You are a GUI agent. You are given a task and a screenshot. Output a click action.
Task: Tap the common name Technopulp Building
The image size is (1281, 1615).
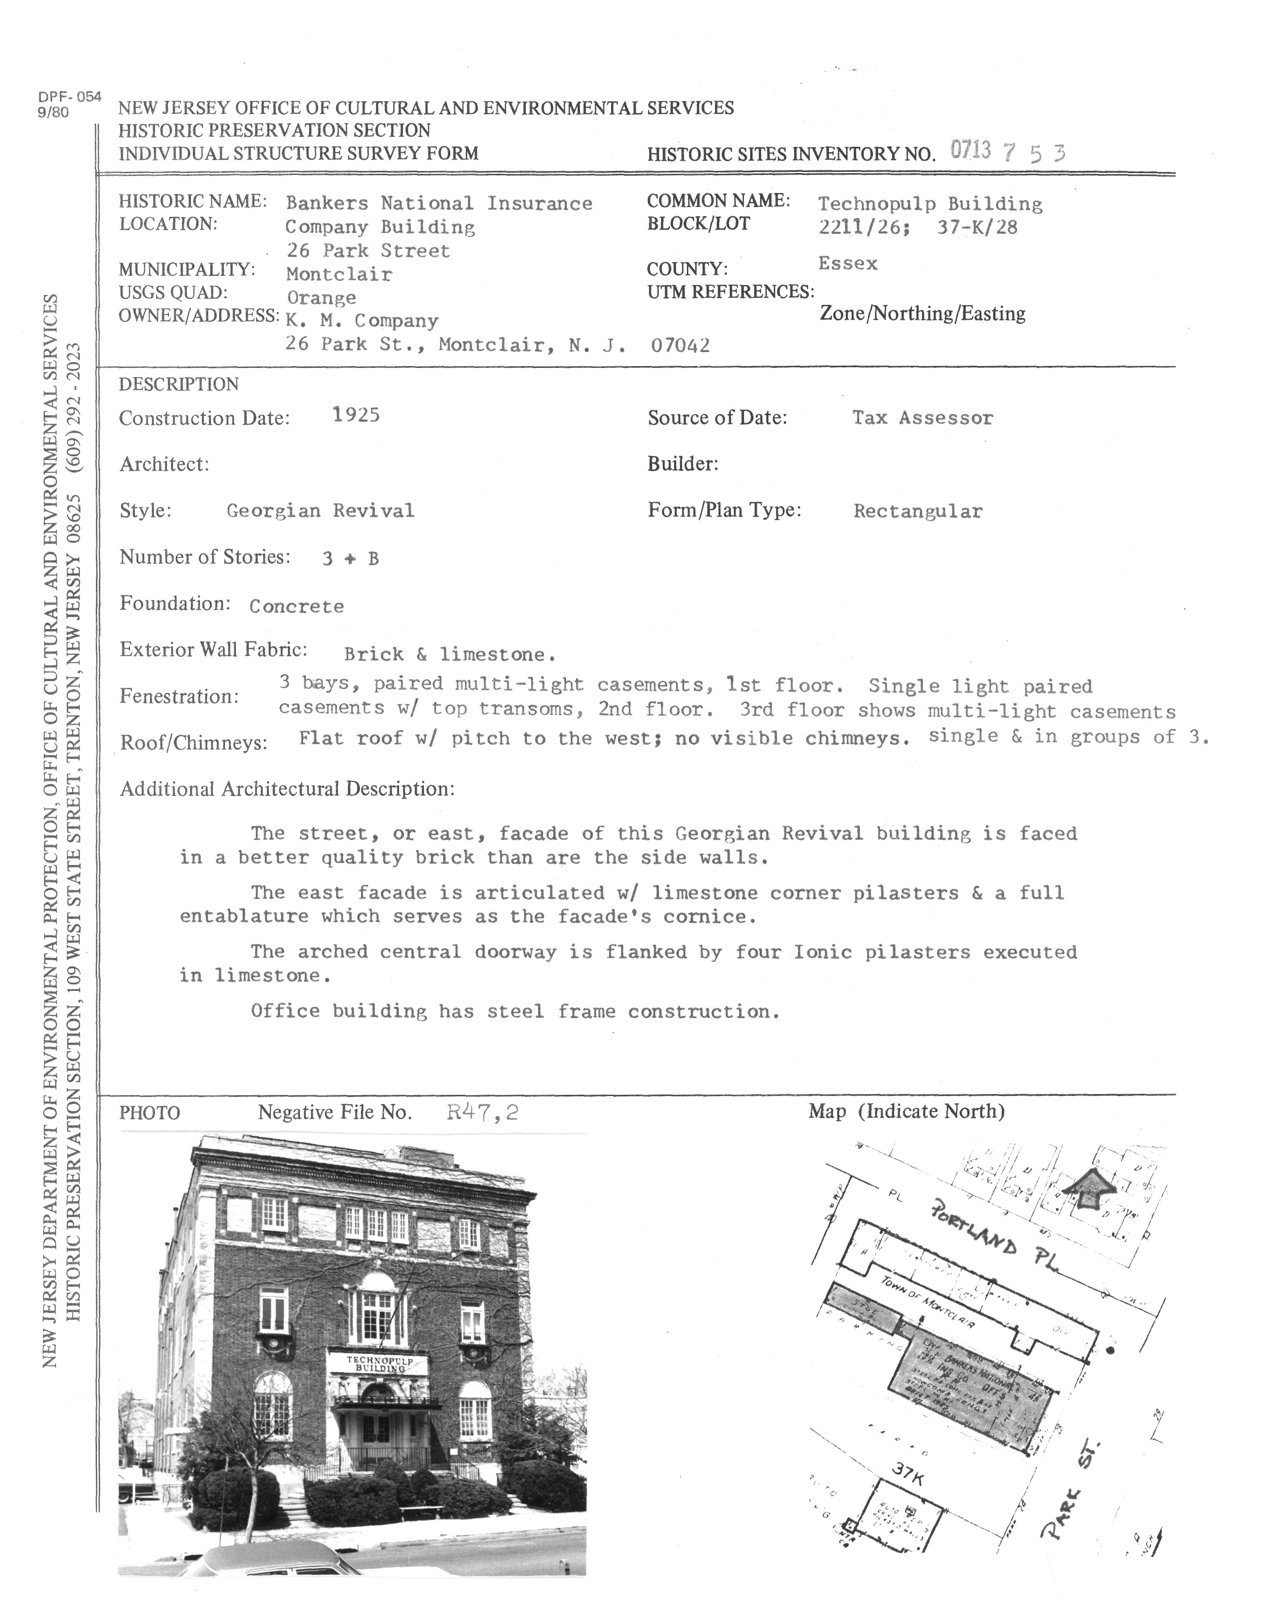[930, 204]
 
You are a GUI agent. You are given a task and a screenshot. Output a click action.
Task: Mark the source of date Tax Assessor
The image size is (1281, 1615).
[922, 418]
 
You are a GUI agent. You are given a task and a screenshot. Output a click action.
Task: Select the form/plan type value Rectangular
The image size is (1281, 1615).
[918, 512]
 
